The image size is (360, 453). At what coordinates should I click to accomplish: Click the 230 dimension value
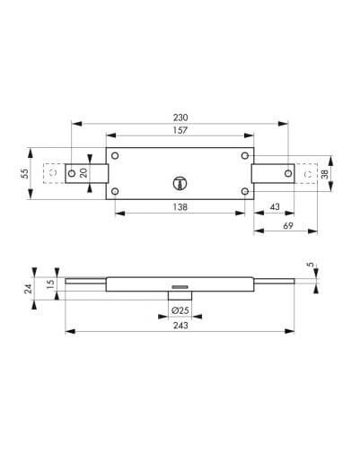(180, 118)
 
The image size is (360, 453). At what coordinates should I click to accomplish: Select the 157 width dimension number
(180, 131)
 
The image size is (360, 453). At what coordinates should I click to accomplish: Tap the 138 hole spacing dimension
(180, 207)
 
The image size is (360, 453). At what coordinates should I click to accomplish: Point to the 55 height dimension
(25, 174)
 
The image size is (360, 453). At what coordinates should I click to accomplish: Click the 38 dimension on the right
(324, 173)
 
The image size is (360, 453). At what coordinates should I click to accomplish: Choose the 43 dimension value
(275, 206)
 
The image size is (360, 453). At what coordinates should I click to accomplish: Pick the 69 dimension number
(288, 226)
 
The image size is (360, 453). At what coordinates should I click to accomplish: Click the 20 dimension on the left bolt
(83, 173)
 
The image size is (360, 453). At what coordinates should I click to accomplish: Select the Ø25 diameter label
(180, 310)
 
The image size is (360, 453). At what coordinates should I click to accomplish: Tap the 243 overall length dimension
(180, 325)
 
